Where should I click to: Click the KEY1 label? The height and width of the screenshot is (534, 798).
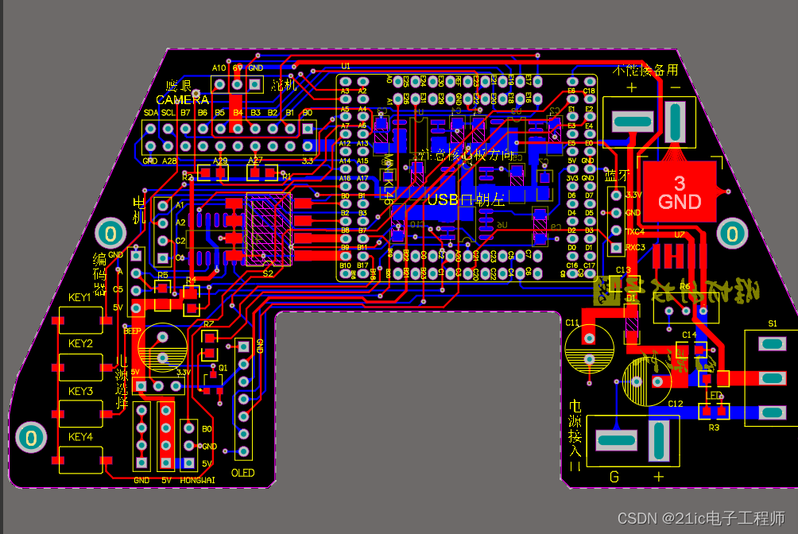80,297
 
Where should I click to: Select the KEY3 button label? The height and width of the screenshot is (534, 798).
80,391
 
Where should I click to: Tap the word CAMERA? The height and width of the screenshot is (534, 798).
182,99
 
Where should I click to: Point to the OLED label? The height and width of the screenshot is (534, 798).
242,473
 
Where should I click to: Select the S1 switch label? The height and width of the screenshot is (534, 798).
773,323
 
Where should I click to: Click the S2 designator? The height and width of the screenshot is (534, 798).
267,273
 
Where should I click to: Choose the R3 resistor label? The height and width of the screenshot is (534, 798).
713,428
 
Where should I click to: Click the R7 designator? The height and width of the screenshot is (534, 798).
208,324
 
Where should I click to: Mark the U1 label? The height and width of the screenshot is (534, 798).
345,66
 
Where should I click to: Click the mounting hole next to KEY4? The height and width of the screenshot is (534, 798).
31,437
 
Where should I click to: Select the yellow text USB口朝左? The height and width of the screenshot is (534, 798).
466,200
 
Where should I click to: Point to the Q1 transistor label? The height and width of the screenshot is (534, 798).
223,368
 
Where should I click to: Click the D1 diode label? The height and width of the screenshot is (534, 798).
631,297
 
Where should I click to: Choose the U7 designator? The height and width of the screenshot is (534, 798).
679,234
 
